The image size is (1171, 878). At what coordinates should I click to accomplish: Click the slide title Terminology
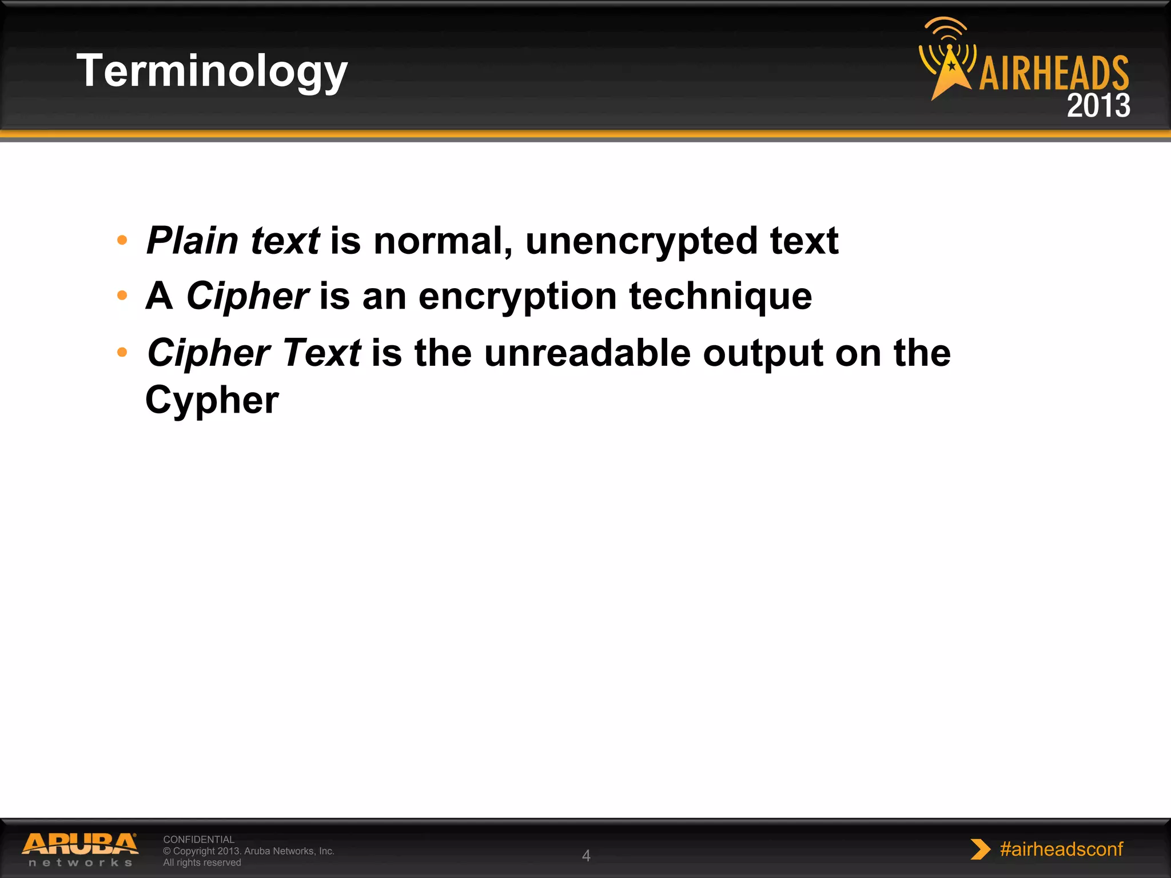(212, 71)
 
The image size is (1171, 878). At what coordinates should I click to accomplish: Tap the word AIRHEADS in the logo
(1053, 73)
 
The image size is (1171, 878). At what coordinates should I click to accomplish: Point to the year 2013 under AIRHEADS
(1098, 106)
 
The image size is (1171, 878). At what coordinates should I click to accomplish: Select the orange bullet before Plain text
(122, 241)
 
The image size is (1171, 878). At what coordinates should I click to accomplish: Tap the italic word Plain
(192, 241)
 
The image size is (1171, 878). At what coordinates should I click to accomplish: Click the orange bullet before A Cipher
(122, 296)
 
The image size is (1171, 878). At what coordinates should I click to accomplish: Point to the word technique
(720, 297)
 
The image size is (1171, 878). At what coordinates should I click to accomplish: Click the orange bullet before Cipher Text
(122, 352)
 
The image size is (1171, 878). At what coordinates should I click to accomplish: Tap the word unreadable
(587, 353)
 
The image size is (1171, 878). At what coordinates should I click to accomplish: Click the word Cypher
(212, 400)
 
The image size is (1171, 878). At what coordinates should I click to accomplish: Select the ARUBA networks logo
(80, 849)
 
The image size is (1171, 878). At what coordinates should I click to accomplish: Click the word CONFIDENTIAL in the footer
(198, 839)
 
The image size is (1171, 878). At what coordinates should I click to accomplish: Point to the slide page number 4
(586, 856)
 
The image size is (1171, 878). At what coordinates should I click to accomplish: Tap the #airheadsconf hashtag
(1061, 849)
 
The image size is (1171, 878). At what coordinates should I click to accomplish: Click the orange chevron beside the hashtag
(980, 849)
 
